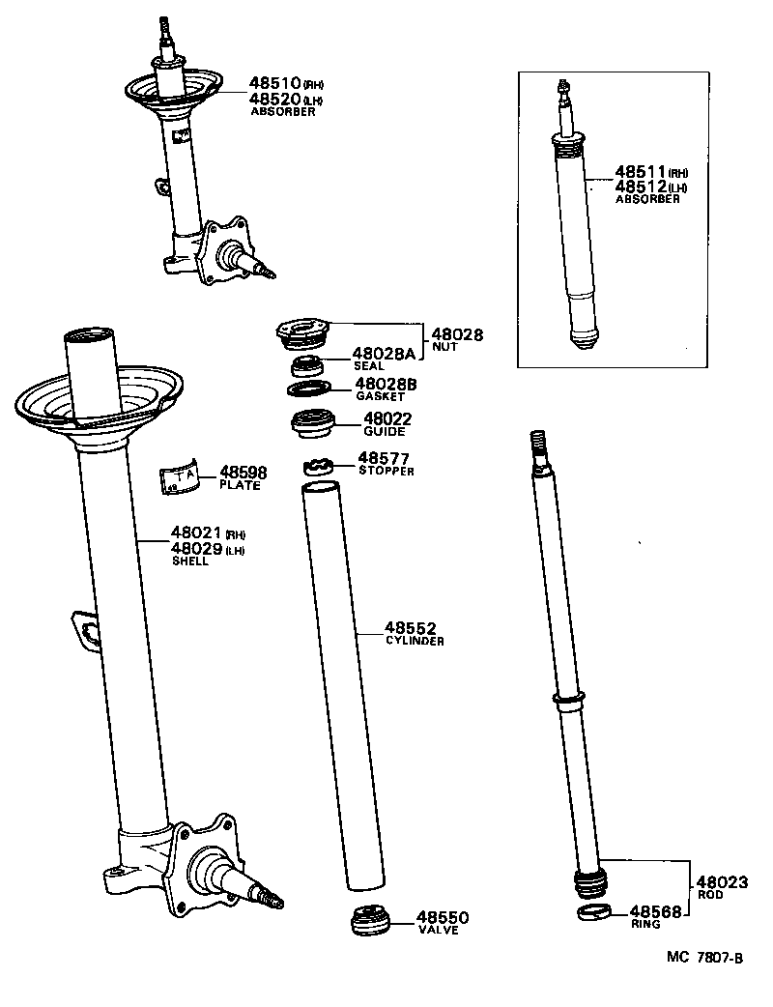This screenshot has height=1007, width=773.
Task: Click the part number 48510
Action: (x=275, y=84)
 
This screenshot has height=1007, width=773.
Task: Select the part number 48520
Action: (x=275, y=99)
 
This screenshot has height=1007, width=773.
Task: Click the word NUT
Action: (x=444, y=347)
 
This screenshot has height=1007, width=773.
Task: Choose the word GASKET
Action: (x=380, y=397)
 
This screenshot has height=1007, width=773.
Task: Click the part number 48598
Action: (x=243, y=472)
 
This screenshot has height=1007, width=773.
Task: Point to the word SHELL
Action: (x=189, y=561)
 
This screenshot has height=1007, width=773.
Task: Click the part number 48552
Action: (x=411, y=628)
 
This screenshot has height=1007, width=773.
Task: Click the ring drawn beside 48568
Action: (x=594, y=913)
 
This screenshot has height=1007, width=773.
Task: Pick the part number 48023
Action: (x=722, y=882)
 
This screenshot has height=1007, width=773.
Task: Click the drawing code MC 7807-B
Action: (x=704, y=958)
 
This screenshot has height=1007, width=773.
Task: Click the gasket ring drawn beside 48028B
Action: (x=310, y=388)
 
